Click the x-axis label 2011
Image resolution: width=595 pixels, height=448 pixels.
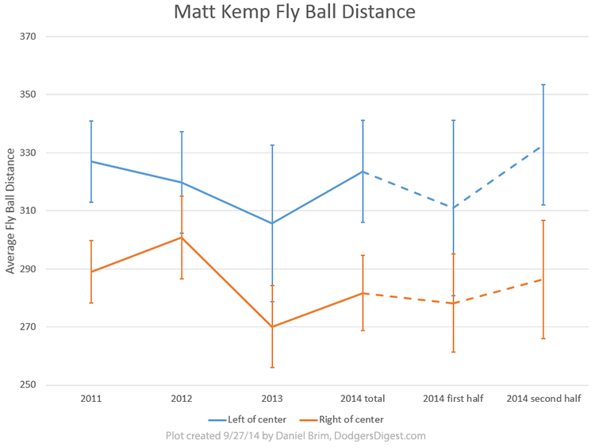[91, 399]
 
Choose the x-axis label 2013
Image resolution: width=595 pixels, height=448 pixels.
[272, 399]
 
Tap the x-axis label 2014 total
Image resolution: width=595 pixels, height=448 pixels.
[363, 399]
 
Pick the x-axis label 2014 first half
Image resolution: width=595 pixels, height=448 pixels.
[453, 399]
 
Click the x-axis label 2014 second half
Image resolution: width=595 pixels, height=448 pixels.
[543, 399]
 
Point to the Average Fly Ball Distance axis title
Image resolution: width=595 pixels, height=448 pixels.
[10, 210]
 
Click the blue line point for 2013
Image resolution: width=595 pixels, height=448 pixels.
[272, 223]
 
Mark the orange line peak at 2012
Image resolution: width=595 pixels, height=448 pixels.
[182, 238]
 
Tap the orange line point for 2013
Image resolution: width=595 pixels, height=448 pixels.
[272, 326]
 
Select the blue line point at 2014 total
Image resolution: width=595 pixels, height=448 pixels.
[363, 172]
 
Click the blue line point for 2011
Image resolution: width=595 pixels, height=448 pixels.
[91, 161]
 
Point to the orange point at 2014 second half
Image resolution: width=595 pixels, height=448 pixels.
[543, 279]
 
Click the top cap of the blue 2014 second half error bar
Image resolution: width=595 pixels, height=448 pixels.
[543, 84]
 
